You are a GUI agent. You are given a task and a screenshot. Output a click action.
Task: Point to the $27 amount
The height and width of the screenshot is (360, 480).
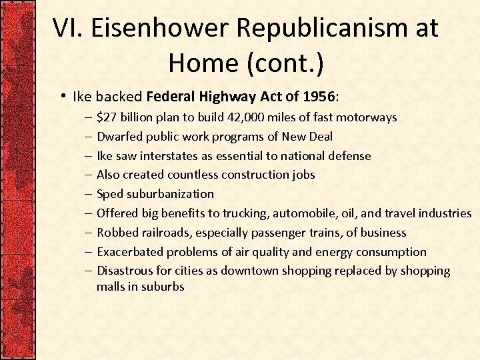click(x=105, y=118)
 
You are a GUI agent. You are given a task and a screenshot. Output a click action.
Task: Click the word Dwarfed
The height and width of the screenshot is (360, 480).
click(x=119, y=137)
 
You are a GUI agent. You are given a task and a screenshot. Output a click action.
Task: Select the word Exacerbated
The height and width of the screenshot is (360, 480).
click(x=130, y=252)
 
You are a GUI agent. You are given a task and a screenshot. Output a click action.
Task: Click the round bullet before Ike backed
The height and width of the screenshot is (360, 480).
click(x=61, y=96)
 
